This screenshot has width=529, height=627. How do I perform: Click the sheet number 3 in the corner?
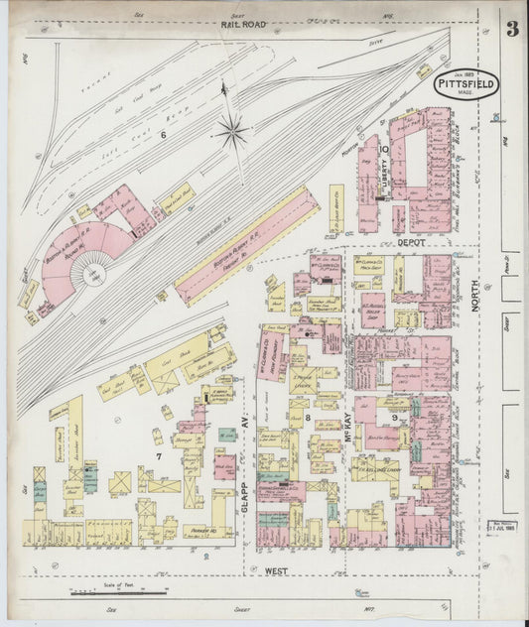pos(511,28)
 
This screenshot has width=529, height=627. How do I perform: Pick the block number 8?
pos(308,420)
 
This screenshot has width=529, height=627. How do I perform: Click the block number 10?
pos(383,150)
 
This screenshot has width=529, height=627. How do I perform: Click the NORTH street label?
pos(475,295)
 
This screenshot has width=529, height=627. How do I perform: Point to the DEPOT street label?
pos(411,241)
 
